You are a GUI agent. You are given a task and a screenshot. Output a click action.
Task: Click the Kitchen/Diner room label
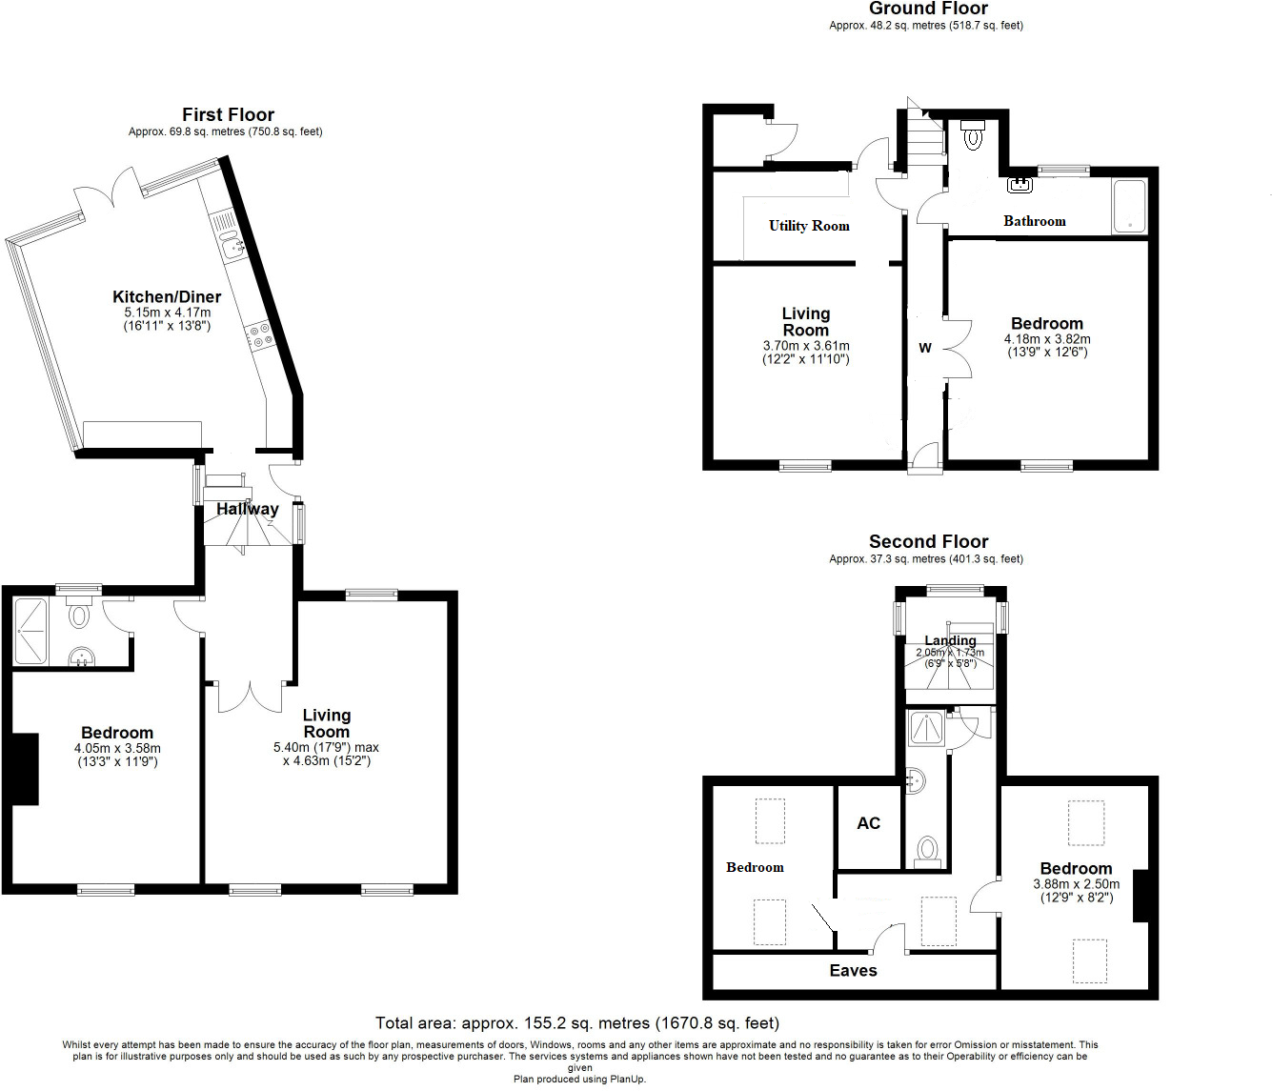167,296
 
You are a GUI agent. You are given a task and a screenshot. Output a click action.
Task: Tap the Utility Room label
809,226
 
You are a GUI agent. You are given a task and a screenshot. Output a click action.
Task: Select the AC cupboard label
868,823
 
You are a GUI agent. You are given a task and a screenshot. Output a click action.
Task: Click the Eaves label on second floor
853,970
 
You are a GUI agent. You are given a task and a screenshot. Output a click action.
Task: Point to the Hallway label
247,509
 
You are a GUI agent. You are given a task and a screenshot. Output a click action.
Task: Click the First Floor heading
228,114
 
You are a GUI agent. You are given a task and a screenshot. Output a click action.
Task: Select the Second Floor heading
928,541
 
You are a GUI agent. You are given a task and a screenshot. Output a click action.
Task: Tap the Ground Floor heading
928,9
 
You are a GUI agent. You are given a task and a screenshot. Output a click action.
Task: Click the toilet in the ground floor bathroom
973,135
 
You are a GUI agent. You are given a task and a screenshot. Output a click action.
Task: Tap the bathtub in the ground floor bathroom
1129,207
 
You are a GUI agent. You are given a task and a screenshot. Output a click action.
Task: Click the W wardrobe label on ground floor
924,348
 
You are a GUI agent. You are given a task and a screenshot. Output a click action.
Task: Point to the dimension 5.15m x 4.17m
167,313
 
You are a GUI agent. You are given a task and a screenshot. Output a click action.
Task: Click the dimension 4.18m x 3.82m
1047,339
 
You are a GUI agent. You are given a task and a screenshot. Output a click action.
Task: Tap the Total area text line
576,1023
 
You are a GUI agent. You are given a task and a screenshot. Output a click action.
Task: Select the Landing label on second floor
950,640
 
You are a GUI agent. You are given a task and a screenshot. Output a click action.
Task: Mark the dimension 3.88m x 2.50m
1076,884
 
